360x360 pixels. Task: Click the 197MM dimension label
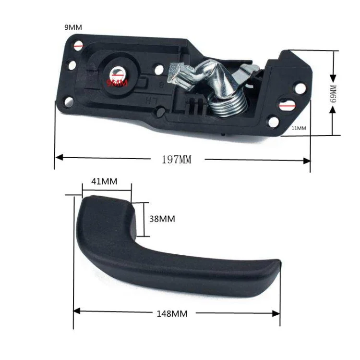click(176, 160)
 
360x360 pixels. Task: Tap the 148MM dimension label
click(172, 313)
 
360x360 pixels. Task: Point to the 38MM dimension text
click(162, 219)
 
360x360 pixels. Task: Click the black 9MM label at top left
click(73, 27)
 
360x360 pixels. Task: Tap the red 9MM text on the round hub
click(118, 83)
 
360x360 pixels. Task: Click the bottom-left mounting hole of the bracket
click(68, 101)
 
